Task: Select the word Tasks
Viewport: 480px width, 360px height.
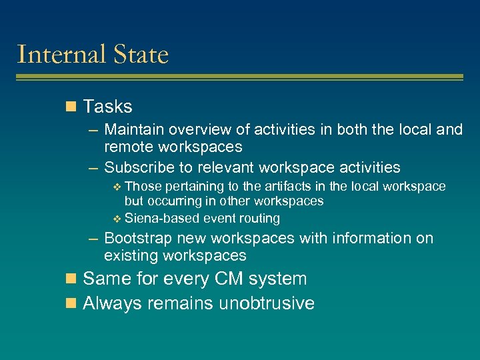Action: [107, 107]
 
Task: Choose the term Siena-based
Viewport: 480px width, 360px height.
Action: [162, 218]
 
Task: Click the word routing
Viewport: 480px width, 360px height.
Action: [259, 219]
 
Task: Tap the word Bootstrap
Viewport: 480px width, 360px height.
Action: [138, 238]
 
